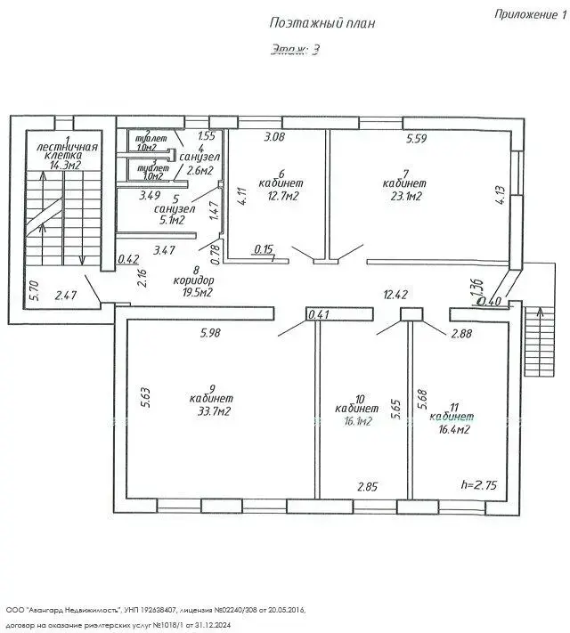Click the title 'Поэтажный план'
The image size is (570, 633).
(x=321, y=24)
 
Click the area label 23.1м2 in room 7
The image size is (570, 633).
(x=402, y=196)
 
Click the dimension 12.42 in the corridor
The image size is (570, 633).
(x=395, y=295)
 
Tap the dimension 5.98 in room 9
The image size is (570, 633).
(x=210, y=333)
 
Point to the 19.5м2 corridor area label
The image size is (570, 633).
(x=193, y=292)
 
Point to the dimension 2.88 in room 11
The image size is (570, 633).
(x=462, y=333)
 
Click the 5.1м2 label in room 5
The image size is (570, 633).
(x=167, y=220)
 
